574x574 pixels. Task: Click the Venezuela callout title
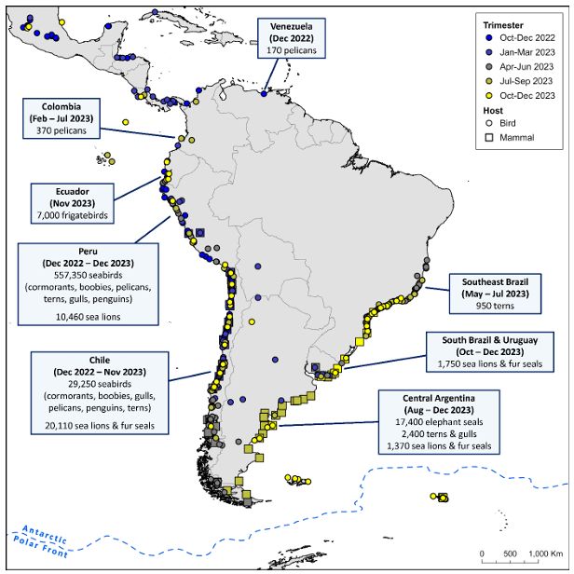point(292,24)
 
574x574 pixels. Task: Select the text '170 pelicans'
point(292,49)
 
